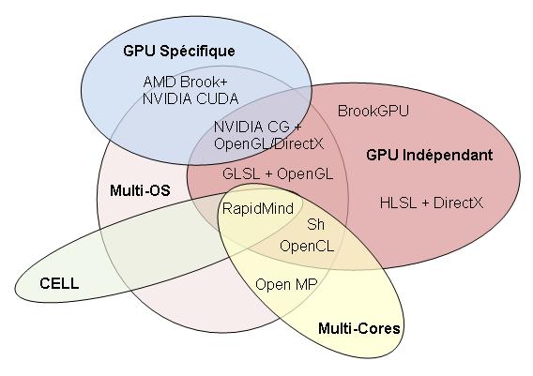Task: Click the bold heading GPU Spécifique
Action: pyautogui.click(x=179, y=52)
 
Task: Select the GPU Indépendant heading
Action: pyautogui.click(x=430, y=156)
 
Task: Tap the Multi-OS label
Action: pyautogui.click(x=140, y=190)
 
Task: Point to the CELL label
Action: pyautogui.click(x=59, y=283)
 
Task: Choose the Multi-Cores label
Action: pyautogui.click(x=359, y=328)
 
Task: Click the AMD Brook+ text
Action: pyautogui.click(x=185, y=82)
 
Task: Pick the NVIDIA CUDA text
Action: pyautogui.click(x=190, y=98)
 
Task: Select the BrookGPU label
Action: pyautogui.click(x=373, y=111)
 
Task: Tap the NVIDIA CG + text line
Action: pyautogui.click(x=258, y=127)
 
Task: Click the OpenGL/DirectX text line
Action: pyautogui.click(x=269, y=144)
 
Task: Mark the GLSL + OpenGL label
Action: pyautogui.click(x=278, y=173)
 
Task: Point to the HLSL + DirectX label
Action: pyautogui.click(x=432, y=203)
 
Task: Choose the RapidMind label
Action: pyautogui.click(x=258, y=208)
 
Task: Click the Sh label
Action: pyautogui.click(x=315, y=224)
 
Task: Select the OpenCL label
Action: pyautogui.click(x=307, y=246)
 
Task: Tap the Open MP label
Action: pyautogui.click(x=286, y=285)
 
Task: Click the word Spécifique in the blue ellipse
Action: pyautogui.click(x=197, y=52)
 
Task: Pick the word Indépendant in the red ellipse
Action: pyautogui.click(x=448, y=156)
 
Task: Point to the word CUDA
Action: pyautogui.click(x=218, y=98)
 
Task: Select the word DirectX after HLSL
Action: pyautogui.click(x=458, y=203)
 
